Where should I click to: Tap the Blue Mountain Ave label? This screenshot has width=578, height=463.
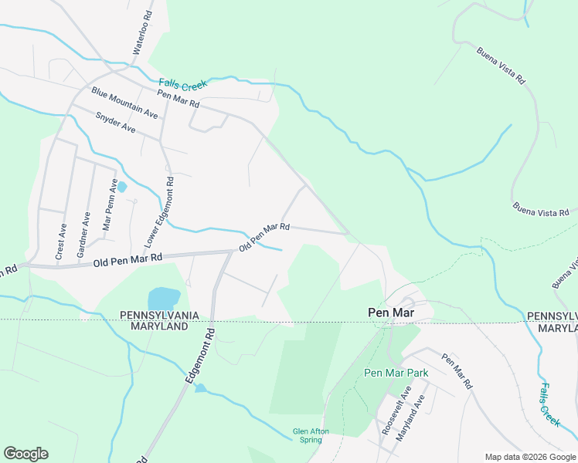tap(124, 103)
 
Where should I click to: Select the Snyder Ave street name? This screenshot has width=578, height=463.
tap(115, 123)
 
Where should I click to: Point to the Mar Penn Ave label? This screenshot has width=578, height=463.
tap(110, 204)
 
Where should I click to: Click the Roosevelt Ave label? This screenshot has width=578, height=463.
tap(386, 417)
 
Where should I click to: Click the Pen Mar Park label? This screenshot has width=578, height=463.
tap(396, 373)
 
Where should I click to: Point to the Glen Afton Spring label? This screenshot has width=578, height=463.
tap(307, 435)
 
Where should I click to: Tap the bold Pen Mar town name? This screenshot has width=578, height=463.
tap(392, 313)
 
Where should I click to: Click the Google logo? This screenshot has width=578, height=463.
tap(25, 454)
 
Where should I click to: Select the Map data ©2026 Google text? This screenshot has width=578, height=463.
tap(529, 457)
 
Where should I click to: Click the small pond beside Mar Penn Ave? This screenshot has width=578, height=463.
tap(121, 187)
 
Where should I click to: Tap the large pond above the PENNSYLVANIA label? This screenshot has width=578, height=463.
tap(164, 297)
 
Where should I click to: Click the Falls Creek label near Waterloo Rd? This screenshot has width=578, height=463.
tap(178, 84)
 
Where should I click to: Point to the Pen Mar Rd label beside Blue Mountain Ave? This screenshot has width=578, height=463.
tap(178, 99)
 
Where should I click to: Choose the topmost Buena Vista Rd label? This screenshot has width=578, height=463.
tap(501, 67)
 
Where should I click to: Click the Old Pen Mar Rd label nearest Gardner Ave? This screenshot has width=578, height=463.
tap(127, 260)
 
